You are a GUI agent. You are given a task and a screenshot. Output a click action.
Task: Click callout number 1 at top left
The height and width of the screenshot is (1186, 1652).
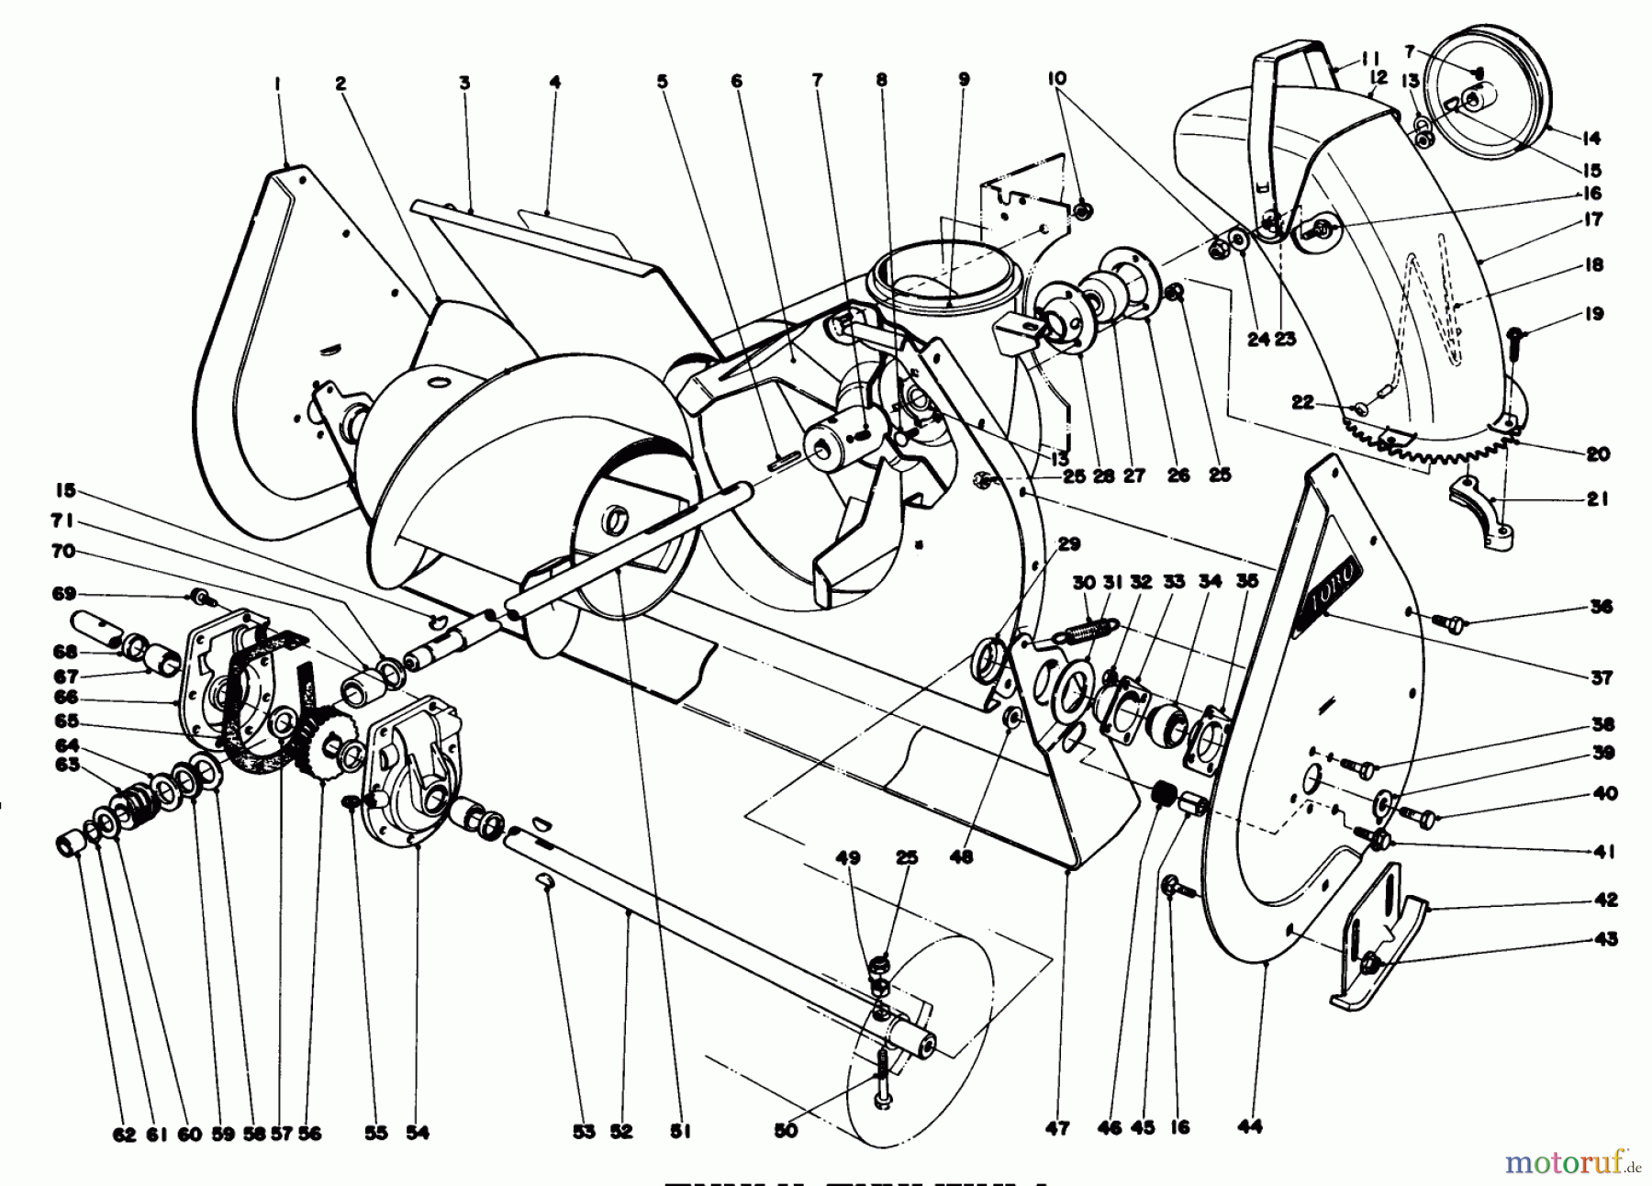(x=276, y=82)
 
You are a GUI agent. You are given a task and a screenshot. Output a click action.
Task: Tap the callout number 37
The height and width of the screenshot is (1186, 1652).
(x=1602, y=678)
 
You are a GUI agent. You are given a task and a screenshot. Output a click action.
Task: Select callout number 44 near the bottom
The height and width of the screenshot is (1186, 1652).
(x=1250, y=1127)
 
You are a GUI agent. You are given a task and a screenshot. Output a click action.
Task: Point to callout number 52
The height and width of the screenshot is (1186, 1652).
(x=621, y=1133)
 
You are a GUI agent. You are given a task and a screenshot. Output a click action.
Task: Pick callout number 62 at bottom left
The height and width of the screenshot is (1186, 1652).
(x=125, y=1135)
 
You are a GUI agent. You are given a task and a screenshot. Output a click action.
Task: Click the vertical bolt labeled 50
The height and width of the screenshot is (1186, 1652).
(x=883, y=1078)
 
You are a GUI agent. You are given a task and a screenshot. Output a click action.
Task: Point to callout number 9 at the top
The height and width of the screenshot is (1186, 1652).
(x=964, y=81)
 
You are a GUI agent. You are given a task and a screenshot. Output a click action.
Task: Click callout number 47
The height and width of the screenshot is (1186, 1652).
(x=1058, y=1128)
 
